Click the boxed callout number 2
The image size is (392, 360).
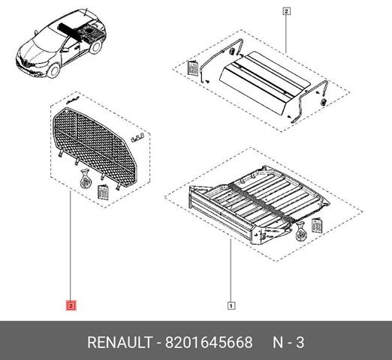[x=287, y=11]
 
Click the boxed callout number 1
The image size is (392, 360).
[x=231, y=305]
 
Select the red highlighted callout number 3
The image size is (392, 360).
[x=71, y=306]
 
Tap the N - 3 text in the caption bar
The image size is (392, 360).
[x=288, y=342]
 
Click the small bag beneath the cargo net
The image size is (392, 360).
[x=85, y=180]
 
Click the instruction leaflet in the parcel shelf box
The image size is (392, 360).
[x=192, y=67]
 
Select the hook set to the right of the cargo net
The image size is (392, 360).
[x=137, y=137]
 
